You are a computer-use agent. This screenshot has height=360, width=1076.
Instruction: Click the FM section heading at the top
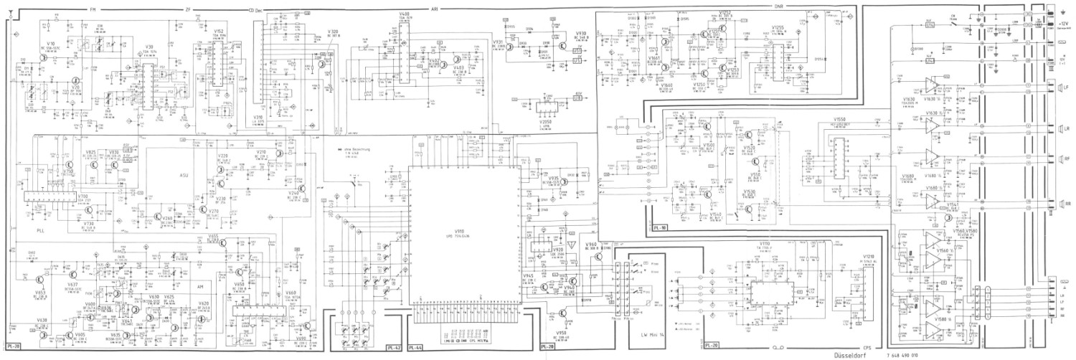[x=93, y=9]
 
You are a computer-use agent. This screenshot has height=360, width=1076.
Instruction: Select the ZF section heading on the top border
[x=189, y=9]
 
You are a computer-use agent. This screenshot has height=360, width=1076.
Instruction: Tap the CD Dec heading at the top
[x=253, y=9]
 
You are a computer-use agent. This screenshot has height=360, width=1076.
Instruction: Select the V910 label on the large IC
[x=460, y=231]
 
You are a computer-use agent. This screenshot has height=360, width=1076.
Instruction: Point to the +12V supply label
[x=1065, y=23]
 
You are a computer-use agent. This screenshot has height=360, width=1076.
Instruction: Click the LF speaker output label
[x=1065, y=87]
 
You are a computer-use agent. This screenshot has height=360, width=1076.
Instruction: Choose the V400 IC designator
[x=405, y=14]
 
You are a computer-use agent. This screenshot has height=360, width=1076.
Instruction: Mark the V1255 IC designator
[x=778, y=27]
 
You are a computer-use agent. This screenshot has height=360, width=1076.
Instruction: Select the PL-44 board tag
[x=416, y=347]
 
